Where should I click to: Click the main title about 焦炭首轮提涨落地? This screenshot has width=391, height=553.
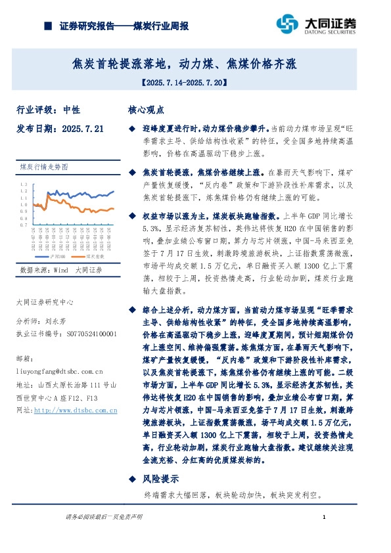pyautogui.click(x=185, y=64)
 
